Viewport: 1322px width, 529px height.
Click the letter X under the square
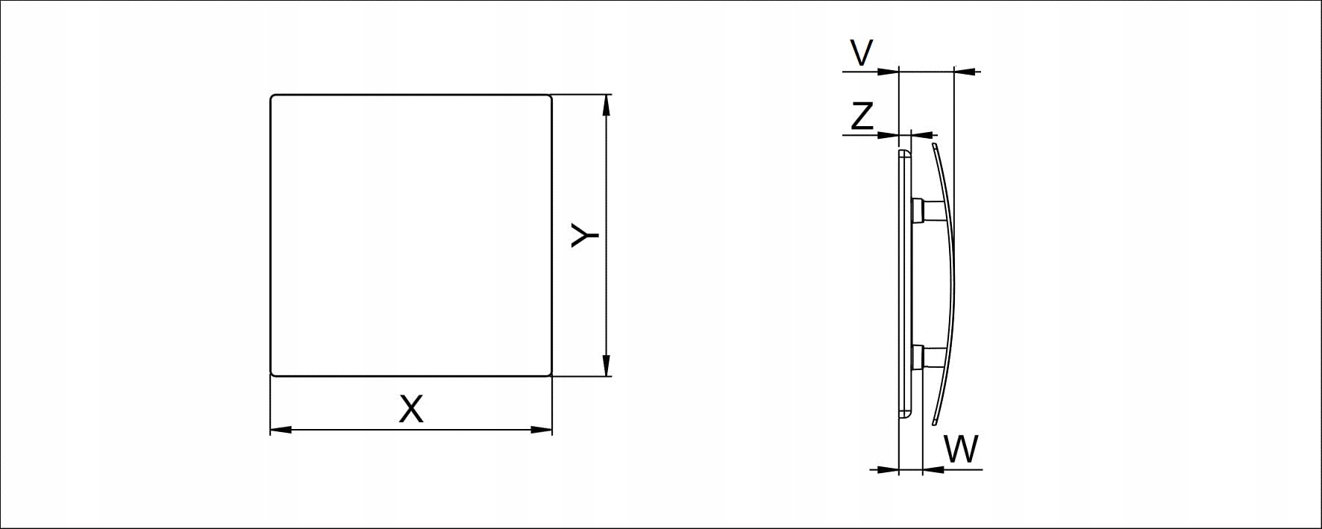[x=411, y=409]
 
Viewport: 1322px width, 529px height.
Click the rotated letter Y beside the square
[x=585, y=235]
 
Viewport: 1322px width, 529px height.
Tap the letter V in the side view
[x=862, y=53]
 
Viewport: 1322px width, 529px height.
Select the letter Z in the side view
[x=862, y=116]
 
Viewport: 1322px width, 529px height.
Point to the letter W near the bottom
[x=961, y=449]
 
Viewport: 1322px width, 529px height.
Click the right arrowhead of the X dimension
[x=542, y=430]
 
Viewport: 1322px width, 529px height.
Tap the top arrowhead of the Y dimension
[x=607, y=105]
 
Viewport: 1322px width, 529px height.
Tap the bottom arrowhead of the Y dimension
[x=607, y=366]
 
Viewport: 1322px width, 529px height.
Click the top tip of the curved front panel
[x=933, y=145]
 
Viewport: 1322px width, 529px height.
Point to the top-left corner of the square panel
[x=271, y=96]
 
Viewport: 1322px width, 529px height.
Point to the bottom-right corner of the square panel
[x=551, y=375]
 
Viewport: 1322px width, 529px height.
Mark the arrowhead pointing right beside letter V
[x=889, y=72]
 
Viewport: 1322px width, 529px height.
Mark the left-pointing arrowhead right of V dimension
[x=965, y=72]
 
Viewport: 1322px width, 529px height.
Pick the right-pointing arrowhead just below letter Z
[x=889, y=135]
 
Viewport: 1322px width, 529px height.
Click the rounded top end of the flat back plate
[x=905, y=151]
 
